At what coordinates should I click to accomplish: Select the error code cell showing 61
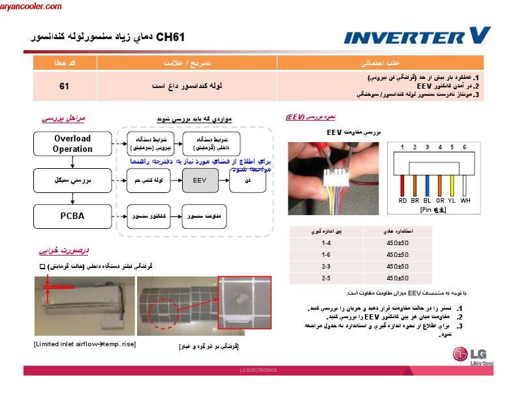pos(64,86)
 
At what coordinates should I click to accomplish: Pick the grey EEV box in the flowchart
pos(203,179)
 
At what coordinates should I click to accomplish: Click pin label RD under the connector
pos(403,201)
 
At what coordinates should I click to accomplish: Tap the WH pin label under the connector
pos(465,201)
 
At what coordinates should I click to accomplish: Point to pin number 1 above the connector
pos(403,147)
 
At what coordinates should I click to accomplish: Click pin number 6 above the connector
pos(464,147)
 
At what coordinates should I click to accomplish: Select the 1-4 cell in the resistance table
pos(326,243)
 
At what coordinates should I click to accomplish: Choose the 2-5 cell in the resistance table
pos(326,278)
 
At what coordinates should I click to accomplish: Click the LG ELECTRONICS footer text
pos(258,370)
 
